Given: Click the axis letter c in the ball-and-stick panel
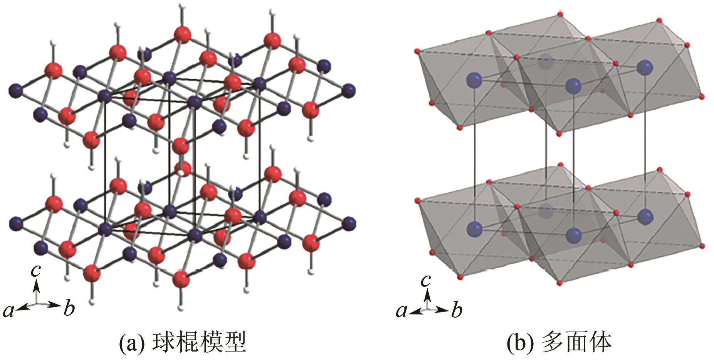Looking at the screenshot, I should (x=36, y=271).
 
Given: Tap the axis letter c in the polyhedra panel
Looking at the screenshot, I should (x=425, y=280).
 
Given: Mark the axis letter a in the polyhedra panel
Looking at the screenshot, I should (x=402, y=311).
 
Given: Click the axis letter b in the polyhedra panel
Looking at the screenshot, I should (x=457, y=310).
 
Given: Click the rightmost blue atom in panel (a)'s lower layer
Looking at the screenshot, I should (x=349, y=223).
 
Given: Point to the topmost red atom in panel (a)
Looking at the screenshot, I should (x=182, y=34).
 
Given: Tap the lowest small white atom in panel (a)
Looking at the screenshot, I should (x=181, y=308).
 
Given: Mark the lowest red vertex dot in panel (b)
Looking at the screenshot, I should (x=561, y=284).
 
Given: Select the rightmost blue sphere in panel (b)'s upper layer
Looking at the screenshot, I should (x=645, y=68).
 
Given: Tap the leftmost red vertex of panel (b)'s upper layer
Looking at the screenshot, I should (x=417, y=51).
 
